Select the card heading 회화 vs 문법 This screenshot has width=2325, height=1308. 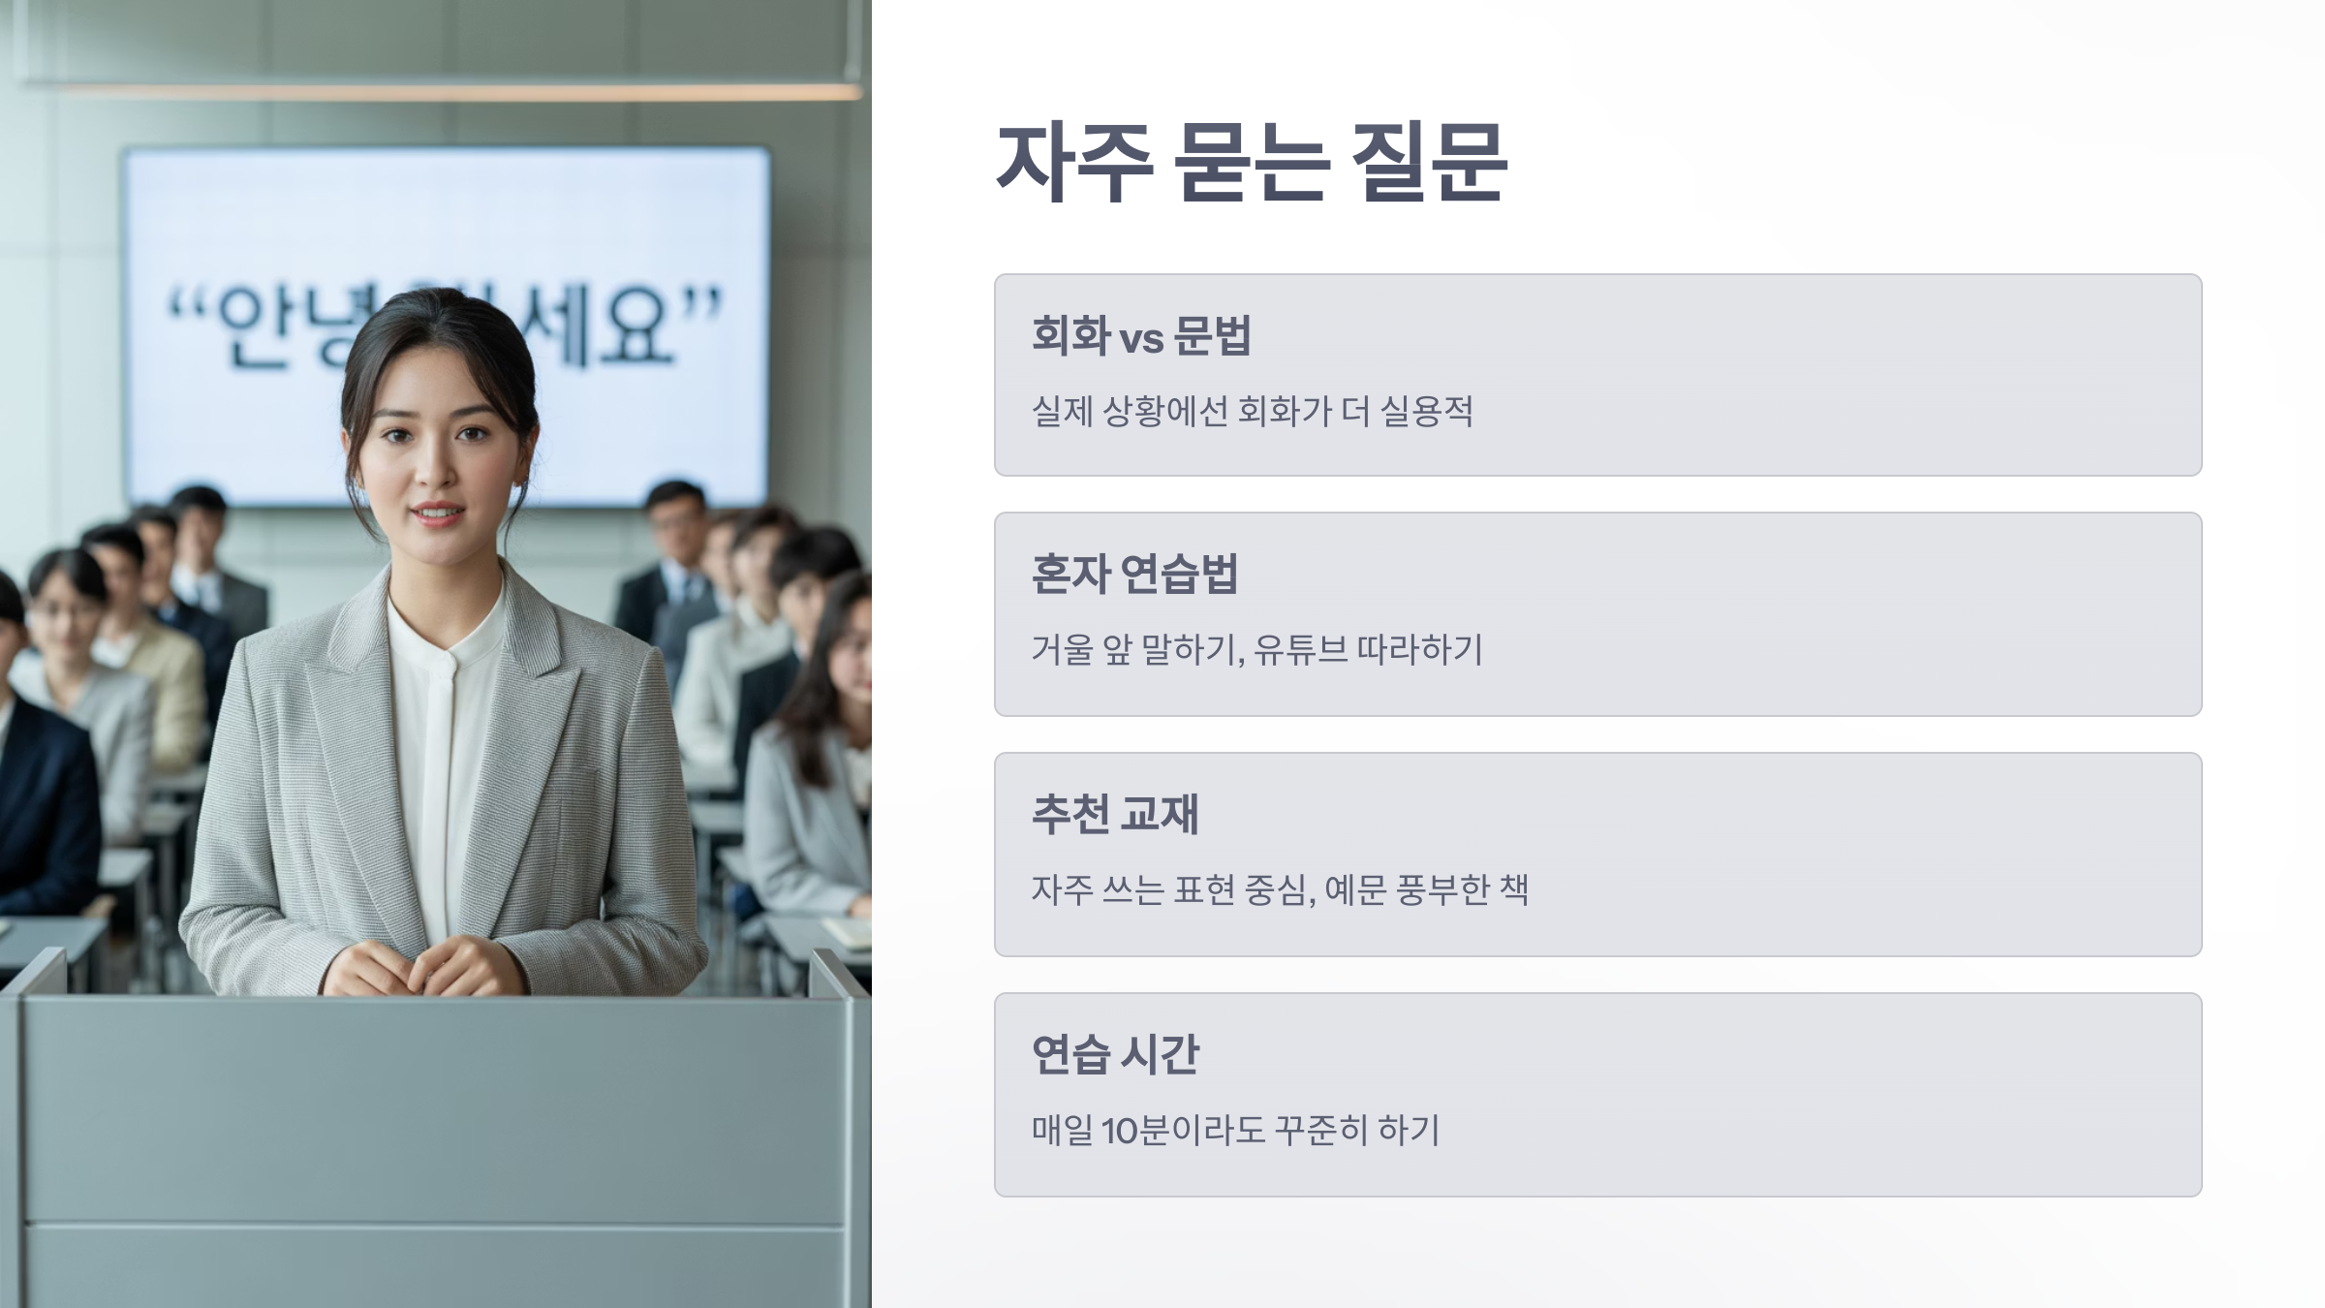1141,336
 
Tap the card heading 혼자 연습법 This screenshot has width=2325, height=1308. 1134,575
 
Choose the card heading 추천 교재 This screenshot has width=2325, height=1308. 1115,814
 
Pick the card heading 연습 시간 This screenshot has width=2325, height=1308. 1115,1054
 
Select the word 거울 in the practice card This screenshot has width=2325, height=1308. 1061,650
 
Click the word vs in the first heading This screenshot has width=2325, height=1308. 1141,339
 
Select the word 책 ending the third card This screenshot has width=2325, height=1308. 1513,889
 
